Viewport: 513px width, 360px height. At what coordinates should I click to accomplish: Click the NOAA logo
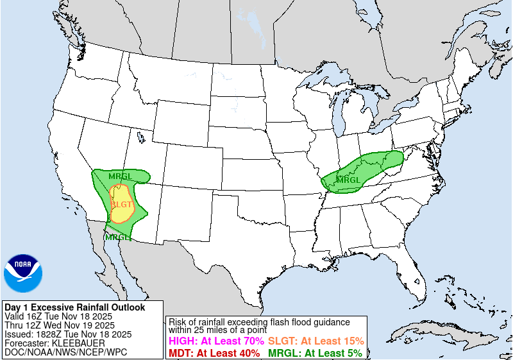point(23,273)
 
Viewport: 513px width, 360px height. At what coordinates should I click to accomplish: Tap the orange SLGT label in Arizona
point(122,204)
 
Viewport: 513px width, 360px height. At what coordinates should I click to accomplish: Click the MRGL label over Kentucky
point(349,180)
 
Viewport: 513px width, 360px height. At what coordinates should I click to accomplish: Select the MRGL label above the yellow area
point(121,176)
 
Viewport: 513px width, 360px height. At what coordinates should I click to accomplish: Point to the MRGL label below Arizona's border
point(117,237)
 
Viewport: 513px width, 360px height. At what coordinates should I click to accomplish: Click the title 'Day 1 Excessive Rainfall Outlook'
point(74,307)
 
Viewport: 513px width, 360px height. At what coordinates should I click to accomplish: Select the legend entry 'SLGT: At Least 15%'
point(315,341)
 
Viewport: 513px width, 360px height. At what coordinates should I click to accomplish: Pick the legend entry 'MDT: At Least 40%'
point(214,353)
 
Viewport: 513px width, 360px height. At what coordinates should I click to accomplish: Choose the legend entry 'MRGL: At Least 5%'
point(314,353)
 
